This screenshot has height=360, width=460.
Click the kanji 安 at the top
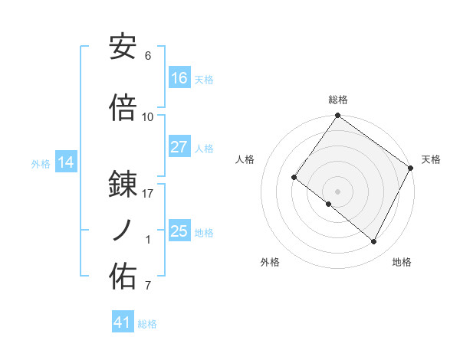click(123, 47)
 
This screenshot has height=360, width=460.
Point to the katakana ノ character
click(123, 231)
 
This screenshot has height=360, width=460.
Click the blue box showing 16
click(179, 78)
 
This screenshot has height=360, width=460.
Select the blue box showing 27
click(179, 147)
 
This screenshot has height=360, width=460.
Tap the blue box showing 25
click(179, 231)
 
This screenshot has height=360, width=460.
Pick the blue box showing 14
click(65, 162)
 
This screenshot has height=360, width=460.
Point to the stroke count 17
click(148, 194)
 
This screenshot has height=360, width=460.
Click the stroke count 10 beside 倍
click(148, 116)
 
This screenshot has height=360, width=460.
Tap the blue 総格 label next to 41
click(148, 324)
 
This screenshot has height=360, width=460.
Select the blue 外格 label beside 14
click(41, 163)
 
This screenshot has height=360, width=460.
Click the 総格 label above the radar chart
click(337, 100)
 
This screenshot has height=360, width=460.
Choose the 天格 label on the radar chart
click(431, 159)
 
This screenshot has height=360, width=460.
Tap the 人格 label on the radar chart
click(245, 159)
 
